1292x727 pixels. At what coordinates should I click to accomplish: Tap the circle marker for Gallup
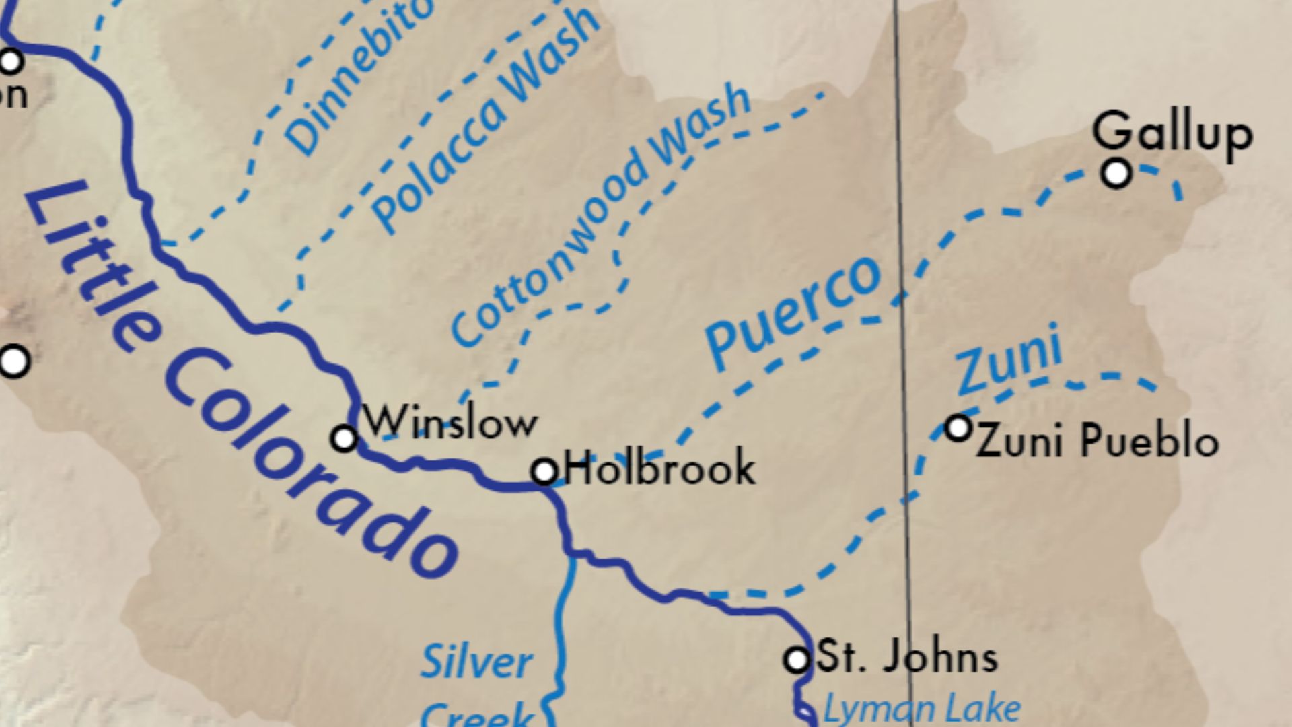tap(1116, 173)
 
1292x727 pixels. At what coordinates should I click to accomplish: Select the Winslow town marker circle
tap(345, 439)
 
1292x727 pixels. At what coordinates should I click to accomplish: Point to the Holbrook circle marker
tap(544, 471)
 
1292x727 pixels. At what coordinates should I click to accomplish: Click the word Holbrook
tap(660, 469)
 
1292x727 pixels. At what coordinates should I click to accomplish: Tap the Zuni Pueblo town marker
tap(958, 427)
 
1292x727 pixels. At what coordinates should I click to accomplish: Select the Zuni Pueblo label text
tap(1098, 442)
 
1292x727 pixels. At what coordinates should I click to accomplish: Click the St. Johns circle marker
tap(797, 659)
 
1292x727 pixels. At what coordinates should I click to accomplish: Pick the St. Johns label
tap(906, 658)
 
